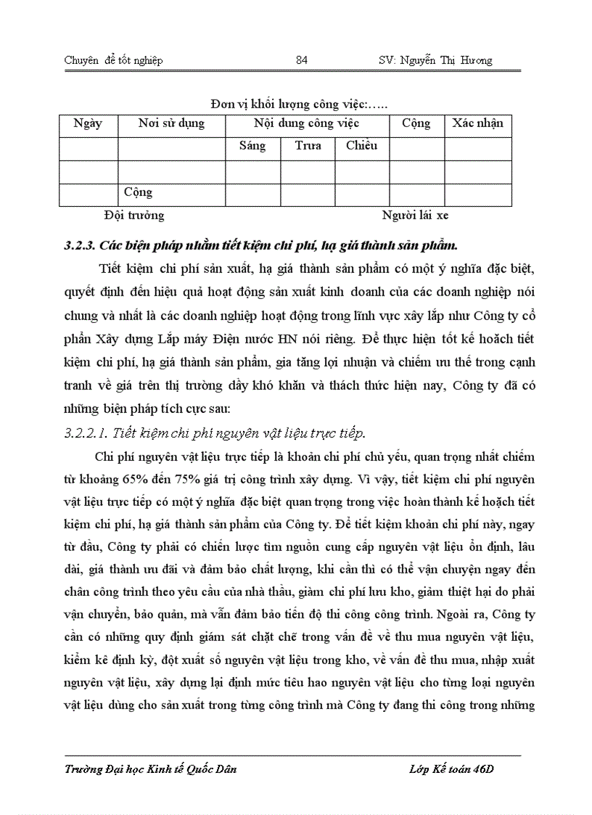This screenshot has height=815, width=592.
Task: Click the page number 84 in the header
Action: tap(302, 60)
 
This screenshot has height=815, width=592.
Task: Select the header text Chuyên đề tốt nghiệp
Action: tap(113, 60)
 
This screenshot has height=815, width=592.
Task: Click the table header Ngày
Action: tap(88, 123)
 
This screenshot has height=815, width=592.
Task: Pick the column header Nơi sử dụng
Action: tap(171, 123)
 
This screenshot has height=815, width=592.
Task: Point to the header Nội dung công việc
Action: tap(307, 123)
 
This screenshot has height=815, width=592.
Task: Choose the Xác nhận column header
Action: tap(477, 123)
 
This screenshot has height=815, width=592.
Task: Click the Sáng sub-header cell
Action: tap(252, 145)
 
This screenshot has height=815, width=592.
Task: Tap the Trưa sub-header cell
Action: tap(308, 145)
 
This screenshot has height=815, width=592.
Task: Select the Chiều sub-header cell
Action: tap(361, 145)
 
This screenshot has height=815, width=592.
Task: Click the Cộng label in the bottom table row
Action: tap(138, 192)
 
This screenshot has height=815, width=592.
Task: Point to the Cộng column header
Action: tap(416, 123)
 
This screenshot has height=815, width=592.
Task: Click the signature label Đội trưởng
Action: tap(134, 215)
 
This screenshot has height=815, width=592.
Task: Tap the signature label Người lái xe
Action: tap(416, 215)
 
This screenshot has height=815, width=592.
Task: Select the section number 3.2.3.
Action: tap(80, 244)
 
